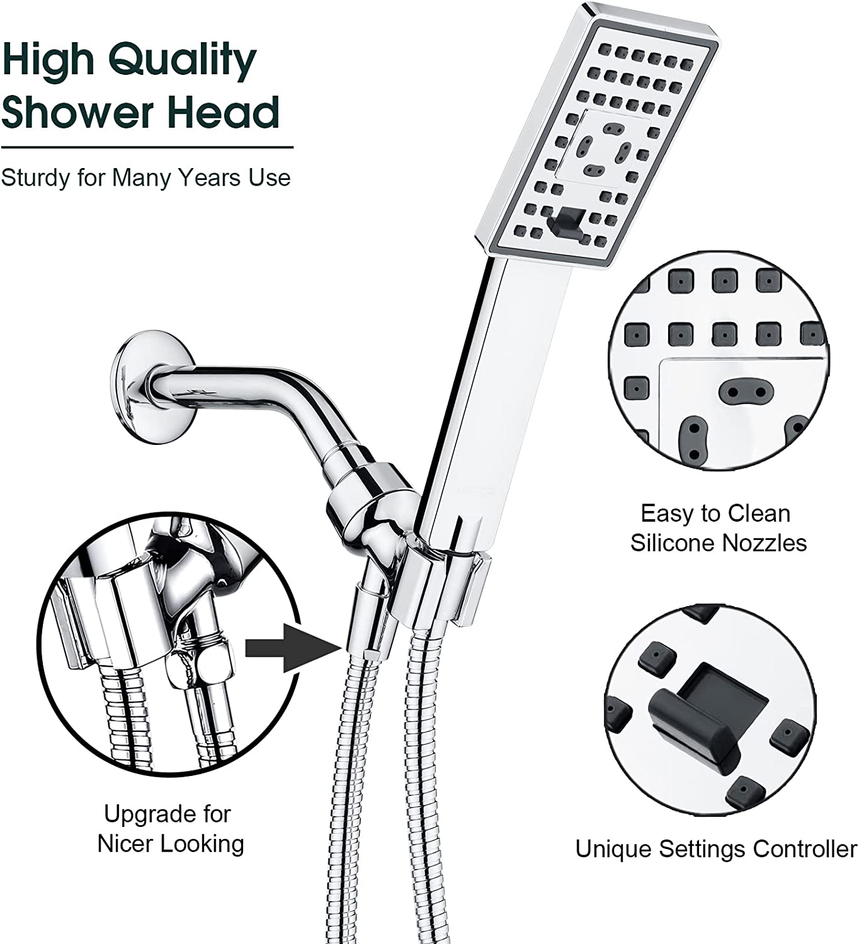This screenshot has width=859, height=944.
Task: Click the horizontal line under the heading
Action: point(147,148)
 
